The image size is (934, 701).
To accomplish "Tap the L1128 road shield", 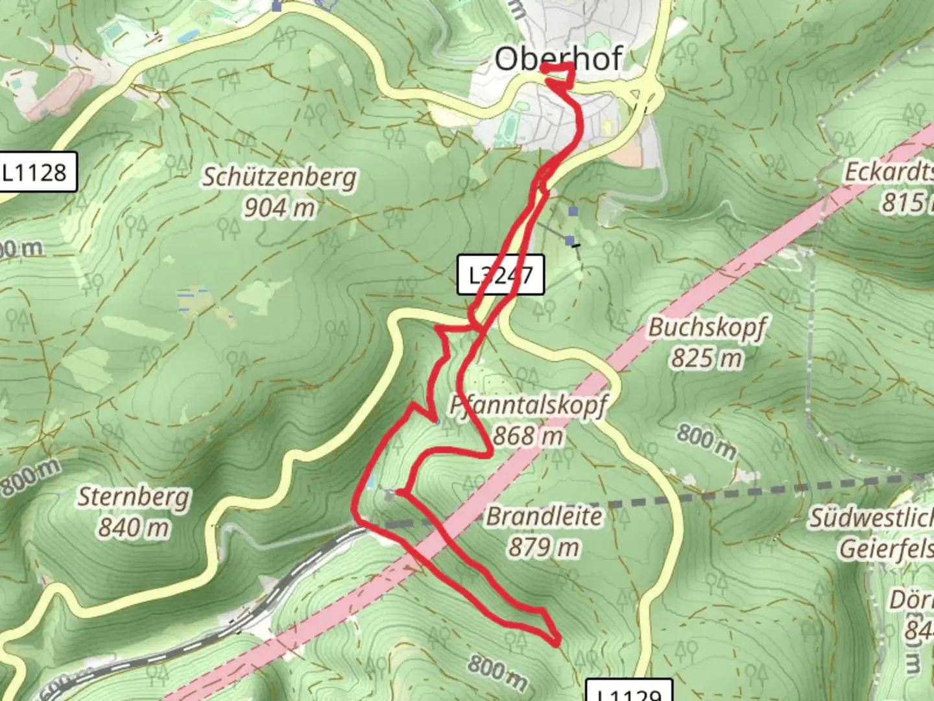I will [37, 172].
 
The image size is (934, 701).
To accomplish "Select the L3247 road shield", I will [500, 275].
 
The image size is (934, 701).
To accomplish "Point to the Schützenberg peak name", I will [280, 177].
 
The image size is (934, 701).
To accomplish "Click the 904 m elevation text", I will [280, 208].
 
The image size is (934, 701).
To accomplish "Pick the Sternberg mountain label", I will [134, 497].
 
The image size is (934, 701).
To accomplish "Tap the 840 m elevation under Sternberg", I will [134, 527].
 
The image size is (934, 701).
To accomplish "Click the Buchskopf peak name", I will [707, 327].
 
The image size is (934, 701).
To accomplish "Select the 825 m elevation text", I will [706, 358].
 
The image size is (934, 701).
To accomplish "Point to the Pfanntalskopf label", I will [529, 406].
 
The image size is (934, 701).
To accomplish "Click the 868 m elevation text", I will [528, 436].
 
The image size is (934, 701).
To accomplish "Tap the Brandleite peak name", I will [544, 517].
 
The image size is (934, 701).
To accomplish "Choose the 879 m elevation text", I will [544, 547].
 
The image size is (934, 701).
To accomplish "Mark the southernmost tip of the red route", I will [557, 644].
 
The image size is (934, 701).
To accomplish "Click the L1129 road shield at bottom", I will [628, 692].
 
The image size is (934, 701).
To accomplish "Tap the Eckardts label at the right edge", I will [888, 172].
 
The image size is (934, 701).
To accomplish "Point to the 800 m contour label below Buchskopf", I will [706, 441].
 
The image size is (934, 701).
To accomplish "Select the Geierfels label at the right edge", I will [885, 549].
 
